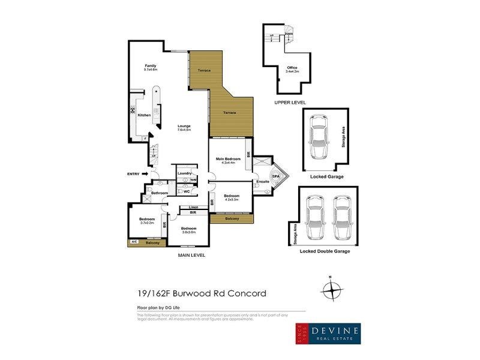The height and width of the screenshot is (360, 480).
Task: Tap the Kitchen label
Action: point(143,115)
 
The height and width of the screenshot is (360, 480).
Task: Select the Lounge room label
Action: point(184,125)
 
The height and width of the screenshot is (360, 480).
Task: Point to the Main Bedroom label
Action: point(228,158)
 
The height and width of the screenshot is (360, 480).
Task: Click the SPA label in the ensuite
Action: point(275,177)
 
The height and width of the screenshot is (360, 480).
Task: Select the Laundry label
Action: point(184,173)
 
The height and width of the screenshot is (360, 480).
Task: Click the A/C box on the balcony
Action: point(133,242)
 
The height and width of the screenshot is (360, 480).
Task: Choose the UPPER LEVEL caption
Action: point(290,103)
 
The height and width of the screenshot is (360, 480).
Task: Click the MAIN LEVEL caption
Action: point(191,255)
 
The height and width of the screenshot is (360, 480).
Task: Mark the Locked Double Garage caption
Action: point(325,251)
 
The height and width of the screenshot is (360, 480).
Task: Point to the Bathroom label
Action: point(159,193)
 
